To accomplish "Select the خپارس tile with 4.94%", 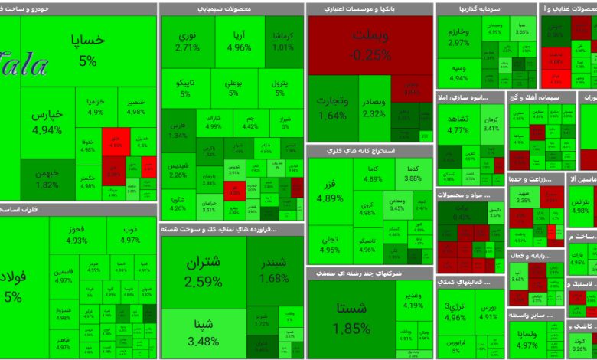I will pos(47,121).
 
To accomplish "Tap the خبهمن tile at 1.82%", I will pos(47,178).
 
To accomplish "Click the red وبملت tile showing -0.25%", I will pos(370,44).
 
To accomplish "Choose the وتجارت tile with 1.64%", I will pos(331,107).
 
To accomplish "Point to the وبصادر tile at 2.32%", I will pos(374,107).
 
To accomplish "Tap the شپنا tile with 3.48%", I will pos(204,332).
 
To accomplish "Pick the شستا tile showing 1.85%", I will pos(352,318).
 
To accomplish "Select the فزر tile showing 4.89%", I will pos(330,192).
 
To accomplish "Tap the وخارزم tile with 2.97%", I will pos(459,37).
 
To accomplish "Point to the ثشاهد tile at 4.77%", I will pos(458,124).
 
